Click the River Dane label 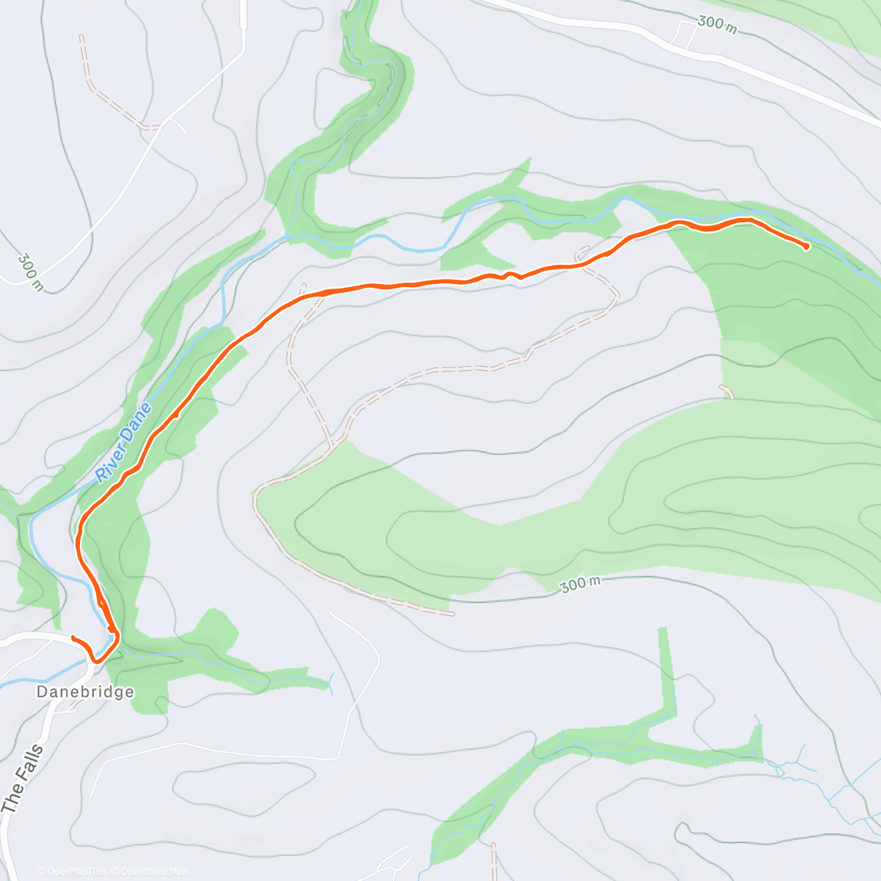(124, 443)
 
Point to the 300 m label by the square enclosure (716, 23)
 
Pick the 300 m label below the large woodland (580, 584)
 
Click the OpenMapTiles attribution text (71, 871)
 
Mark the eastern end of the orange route (807, 247)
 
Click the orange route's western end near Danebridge (73, 637)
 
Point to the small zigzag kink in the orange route (510, 275)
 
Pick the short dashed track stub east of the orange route (727, 391)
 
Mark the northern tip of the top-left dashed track (81, 37)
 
